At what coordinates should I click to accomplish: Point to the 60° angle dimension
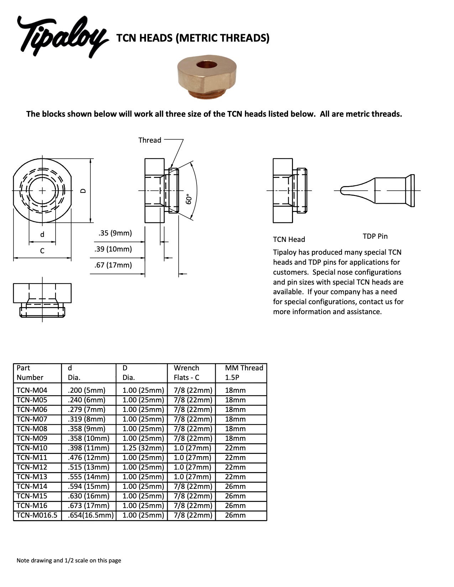189,199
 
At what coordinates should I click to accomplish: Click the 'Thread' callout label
150,140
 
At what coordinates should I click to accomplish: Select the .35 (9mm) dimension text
115,233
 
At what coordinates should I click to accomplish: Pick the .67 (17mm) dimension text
113,265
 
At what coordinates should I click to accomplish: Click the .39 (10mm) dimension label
113,249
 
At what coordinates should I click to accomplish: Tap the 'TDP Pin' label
375,236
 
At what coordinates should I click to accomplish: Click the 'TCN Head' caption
289,239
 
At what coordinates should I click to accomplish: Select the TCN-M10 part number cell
32,448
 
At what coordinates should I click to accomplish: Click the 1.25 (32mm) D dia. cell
143,448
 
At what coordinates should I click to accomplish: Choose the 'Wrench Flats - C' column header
187,372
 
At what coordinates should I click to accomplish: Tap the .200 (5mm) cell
87,390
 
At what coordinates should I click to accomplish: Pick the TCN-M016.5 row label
37,515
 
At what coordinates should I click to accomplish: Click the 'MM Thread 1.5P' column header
244,372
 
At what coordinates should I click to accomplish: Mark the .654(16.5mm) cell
90,515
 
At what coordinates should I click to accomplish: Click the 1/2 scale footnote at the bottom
69,560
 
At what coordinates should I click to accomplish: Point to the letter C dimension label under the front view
42,251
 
